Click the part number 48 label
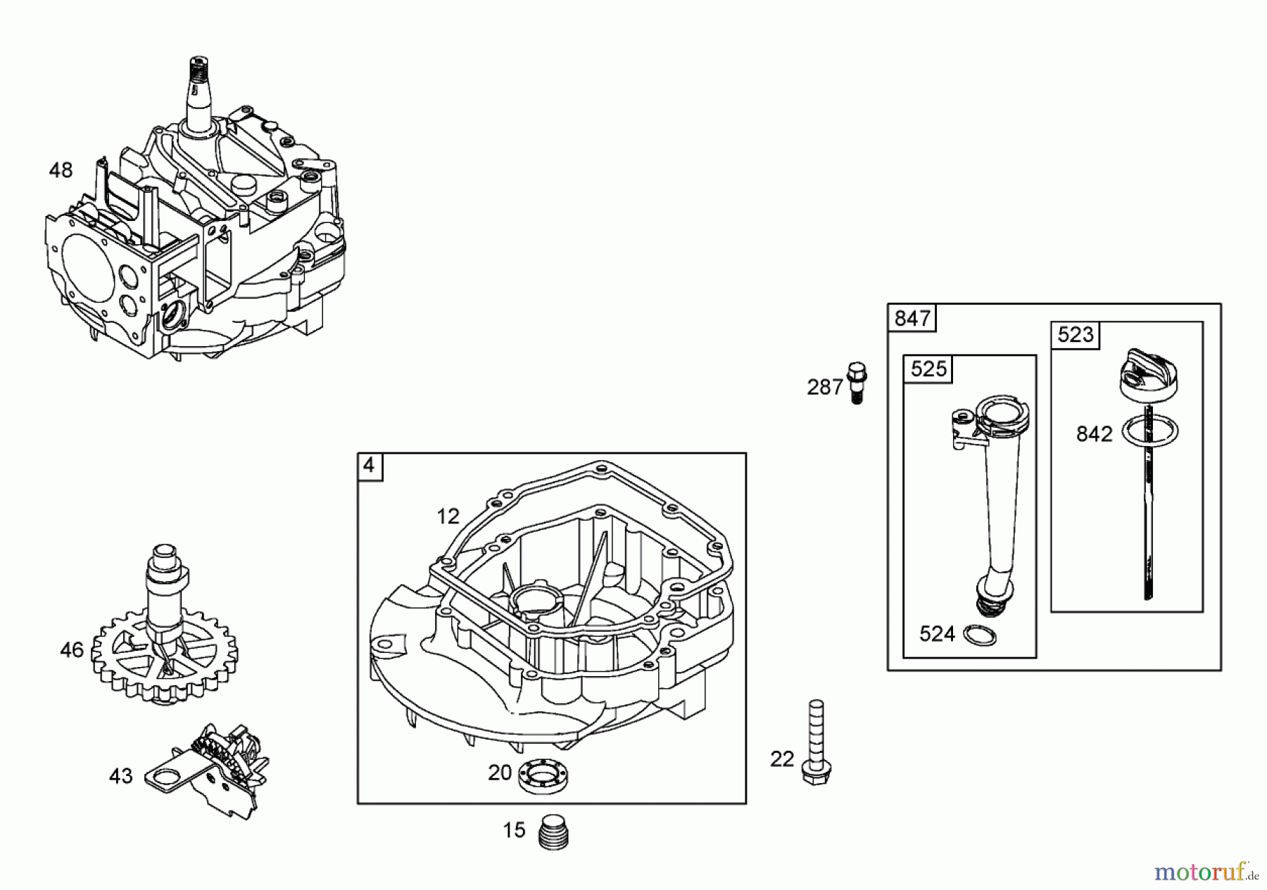(61, 170)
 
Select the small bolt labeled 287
(857, 382)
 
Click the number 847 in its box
(912, 319)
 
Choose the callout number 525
(928, 369)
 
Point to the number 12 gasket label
(448, 517)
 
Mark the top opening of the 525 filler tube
(998, 409)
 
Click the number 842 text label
(1094, 434)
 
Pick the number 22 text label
(781, 759)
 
